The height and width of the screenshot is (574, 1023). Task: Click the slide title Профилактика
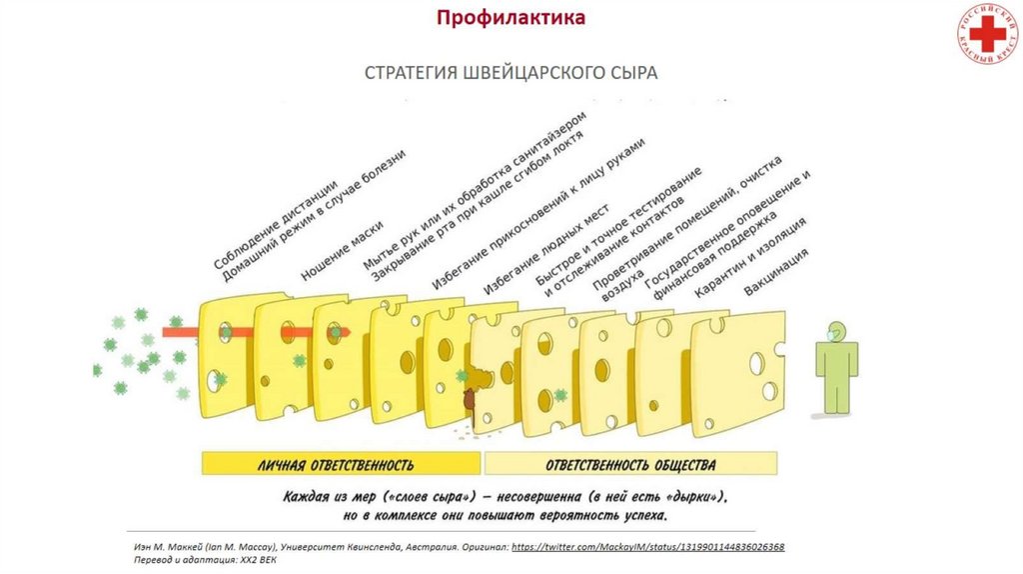(x=511, y=19)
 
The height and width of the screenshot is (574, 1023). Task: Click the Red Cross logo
(x=982, y=33)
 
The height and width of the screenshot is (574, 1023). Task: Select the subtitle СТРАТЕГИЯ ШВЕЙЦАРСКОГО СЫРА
(x=511, y=74)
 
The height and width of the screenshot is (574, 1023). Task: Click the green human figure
(x=836, y=370)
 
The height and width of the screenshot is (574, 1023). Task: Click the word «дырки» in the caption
(x=687, y=497)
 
